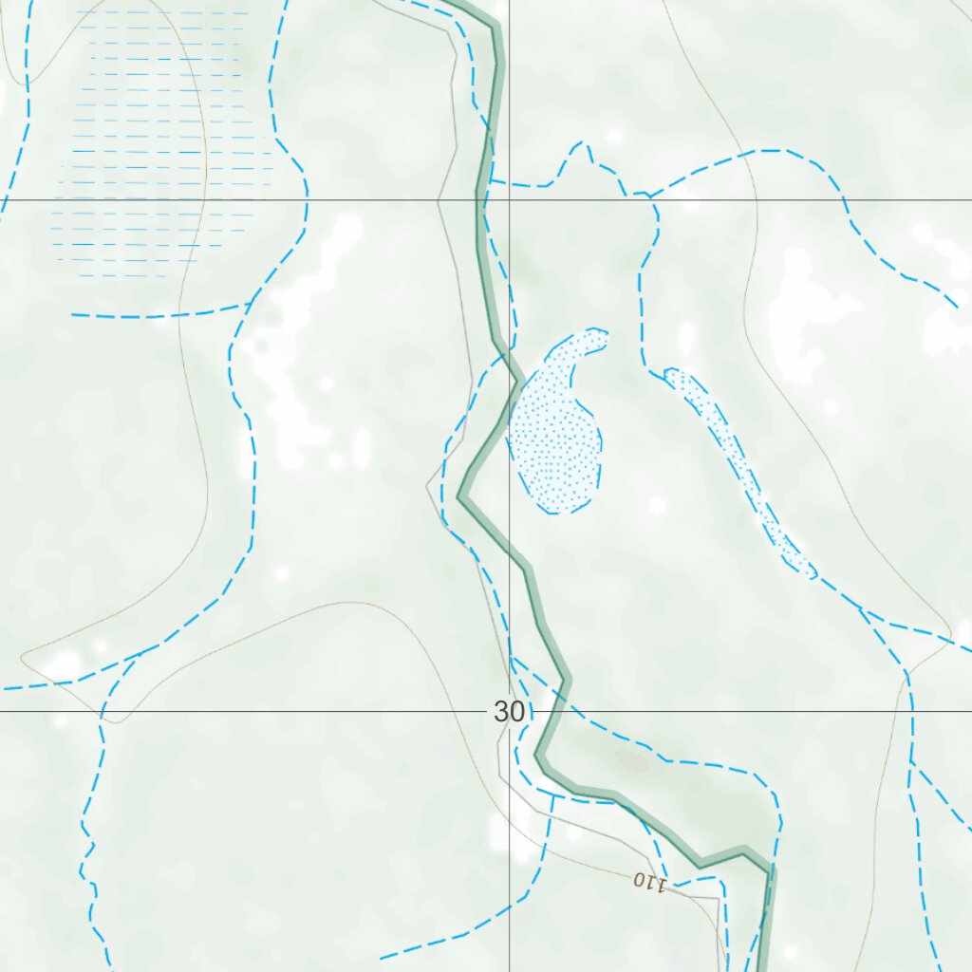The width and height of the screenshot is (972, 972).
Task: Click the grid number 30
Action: (x=509, y=712)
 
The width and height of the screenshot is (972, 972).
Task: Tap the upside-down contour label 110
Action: (x=650, y=882)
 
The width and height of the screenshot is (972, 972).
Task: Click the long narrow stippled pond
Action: (x=740, y=470)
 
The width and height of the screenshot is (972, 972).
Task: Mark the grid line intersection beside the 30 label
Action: (x=509, y=711)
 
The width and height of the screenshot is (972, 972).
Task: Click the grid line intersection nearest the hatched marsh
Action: (x=509, y=200)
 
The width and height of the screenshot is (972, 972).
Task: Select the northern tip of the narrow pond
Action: (x=670, y=372)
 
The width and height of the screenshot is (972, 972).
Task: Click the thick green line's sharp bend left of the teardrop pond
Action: (x=461, y=495)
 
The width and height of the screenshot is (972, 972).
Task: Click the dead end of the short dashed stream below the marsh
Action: (x=72, y=313)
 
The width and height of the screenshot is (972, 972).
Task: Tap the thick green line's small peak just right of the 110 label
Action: (x=745, y=850)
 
